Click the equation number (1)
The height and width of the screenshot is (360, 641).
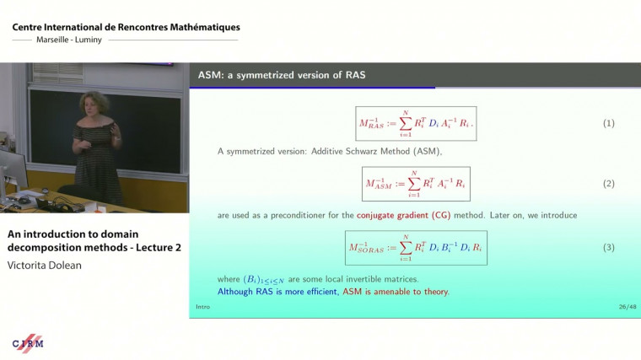coord(608,123)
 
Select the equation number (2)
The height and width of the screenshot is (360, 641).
coord(608,183)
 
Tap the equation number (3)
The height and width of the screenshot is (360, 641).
coord(608,247)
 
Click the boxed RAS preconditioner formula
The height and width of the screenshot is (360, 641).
coord(415,123)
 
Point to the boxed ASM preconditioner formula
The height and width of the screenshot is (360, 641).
coord(415,183)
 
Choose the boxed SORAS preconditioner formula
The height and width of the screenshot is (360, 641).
coord(416,247)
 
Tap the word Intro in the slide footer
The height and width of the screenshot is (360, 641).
coord(202,307)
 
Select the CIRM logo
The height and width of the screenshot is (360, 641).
coord(28,342)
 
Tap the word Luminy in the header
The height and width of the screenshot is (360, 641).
coord(89,40)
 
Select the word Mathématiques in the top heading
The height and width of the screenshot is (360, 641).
coord(198,27)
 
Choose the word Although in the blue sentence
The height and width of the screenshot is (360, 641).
coord(238,292)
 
